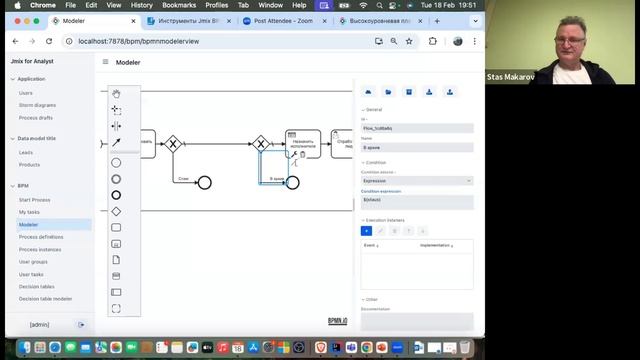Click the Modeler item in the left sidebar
29,224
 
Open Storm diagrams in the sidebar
38,105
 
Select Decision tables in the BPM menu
37,286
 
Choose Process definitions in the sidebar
41,237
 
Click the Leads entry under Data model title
26,152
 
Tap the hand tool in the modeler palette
116,95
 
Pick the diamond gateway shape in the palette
116,211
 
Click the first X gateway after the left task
172,144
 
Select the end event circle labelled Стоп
205,182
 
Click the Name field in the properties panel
416,147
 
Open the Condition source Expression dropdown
416,181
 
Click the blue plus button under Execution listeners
366,231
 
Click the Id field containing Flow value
416,128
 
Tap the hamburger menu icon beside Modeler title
105,62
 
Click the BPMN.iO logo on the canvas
337,321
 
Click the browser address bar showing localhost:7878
200,41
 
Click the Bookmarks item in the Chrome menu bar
179,5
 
